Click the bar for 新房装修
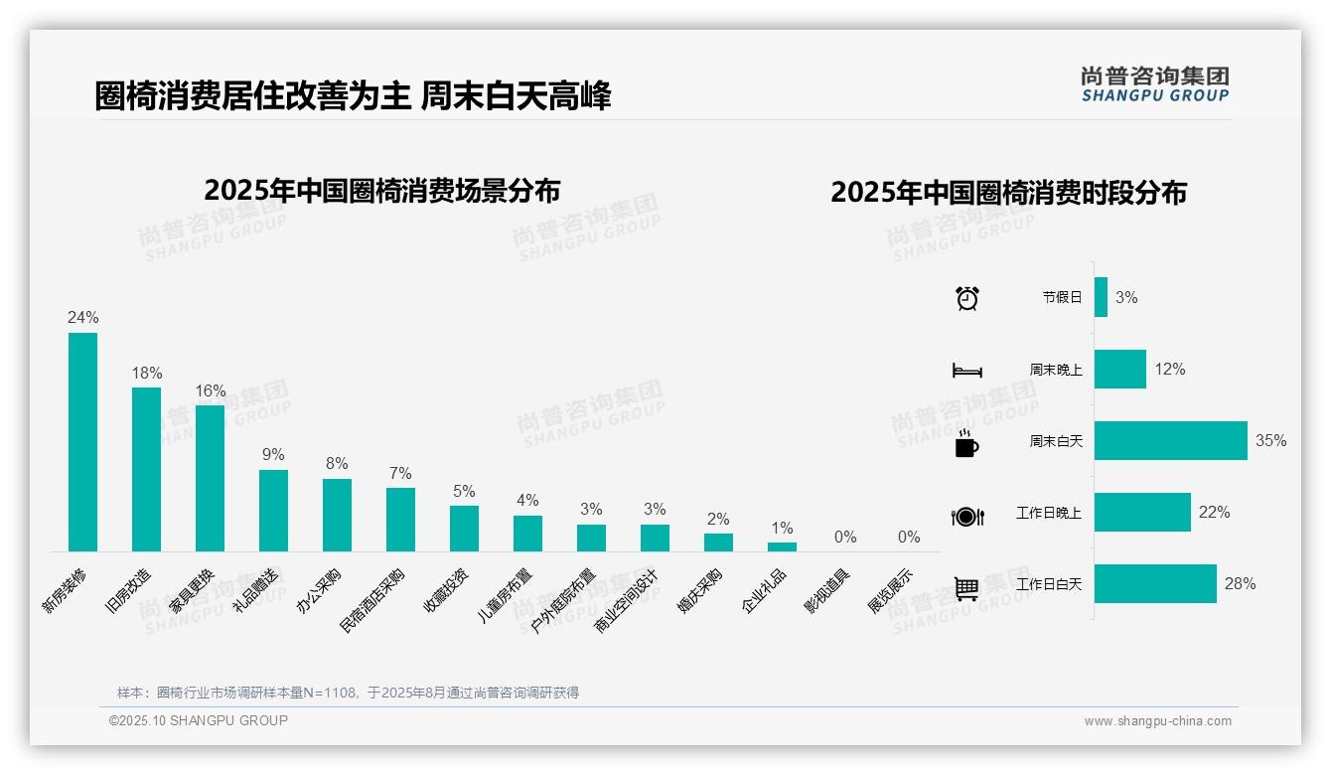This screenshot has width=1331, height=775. coord(82,441)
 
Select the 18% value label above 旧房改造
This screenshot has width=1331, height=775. coord(147,373)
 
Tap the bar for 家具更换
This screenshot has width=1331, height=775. coord(210,478)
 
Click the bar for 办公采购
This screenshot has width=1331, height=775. coord(337,515)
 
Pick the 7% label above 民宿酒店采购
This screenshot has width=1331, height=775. coord(400,473)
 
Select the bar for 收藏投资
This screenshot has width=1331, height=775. coord(464,529)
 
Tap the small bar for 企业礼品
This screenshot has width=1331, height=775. coord(782,546)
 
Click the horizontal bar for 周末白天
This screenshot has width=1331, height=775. coord(1170,440)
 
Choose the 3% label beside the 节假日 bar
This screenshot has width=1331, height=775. coord(1126,297)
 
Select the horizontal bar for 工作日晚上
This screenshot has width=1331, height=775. coord(1142,513)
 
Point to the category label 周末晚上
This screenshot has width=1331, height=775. coord(1056,370)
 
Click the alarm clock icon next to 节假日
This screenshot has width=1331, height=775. coord(967,297)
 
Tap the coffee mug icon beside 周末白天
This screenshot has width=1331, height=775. coord(966,442)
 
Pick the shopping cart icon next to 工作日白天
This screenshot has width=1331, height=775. coord(966,588)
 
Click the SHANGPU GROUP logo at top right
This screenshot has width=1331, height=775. coord(1154,84)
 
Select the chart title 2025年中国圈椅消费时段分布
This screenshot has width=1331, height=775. coord(1008,193)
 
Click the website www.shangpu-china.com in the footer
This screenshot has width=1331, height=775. coord(1157,721)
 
